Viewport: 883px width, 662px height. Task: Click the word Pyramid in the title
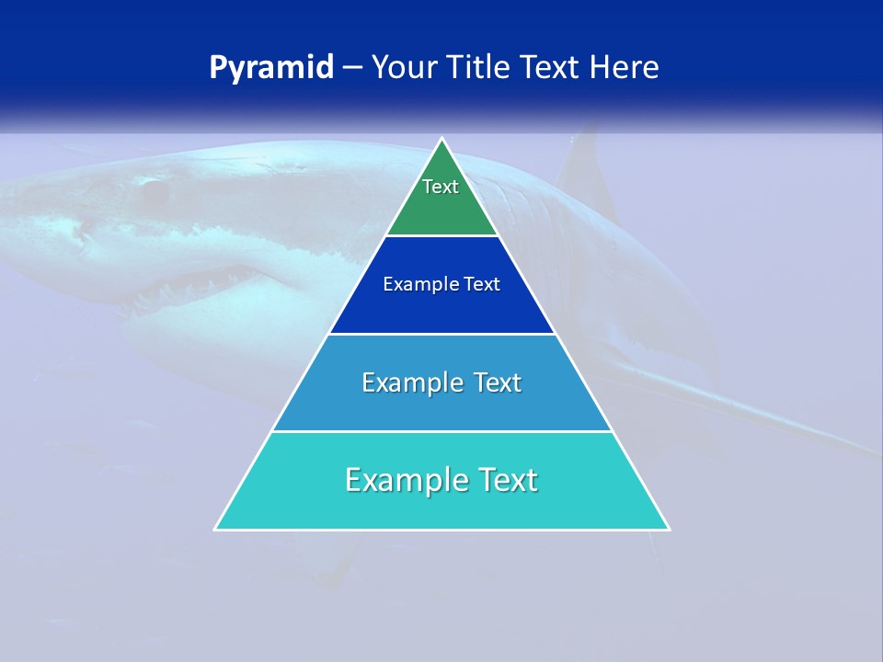(x=271, y=68)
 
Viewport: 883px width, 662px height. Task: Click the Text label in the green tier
(x=441, y=187)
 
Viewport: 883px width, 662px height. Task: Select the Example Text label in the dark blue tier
(x=441, y=284)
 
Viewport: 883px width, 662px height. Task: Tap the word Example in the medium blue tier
(x=410, y=382)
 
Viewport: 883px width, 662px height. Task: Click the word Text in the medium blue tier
(x=498, y=382)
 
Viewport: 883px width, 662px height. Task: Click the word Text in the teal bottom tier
(x=504, y=480)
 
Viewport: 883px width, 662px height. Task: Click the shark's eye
(x=153, y=190)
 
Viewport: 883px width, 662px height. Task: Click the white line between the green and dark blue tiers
(x=441, y=236)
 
